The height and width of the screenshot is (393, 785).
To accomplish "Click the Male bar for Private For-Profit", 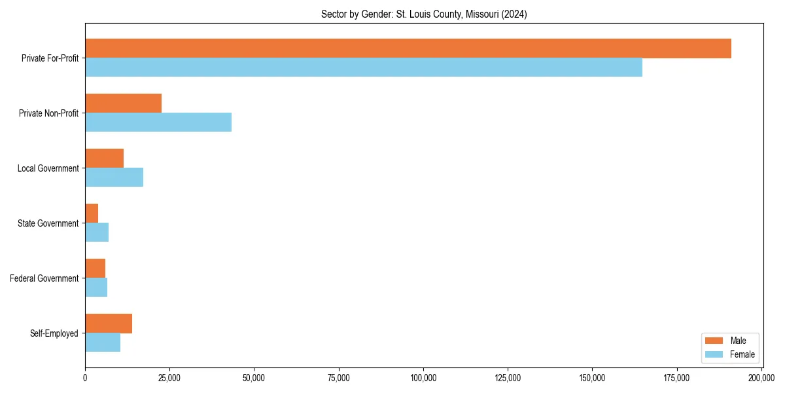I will point(408,48).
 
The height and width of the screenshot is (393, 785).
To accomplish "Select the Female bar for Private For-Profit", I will point(364,67).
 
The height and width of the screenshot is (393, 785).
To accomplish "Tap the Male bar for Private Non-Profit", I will point(123,103).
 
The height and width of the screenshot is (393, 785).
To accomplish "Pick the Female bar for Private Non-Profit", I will point(158,122).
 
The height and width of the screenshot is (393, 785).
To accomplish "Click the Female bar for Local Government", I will point(114,178).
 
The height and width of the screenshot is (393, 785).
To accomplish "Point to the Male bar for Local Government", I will point(104,159).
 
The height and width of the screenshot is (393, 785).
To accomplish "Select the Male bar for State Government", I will point(92,214).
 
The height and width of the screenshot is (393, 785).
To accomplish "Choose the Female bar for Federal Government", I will point(96,288).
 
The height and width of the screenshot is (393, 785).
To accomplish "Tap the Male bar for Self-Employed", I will point(109,324).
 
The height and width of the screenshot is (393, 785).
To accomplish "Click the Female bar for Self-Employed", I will point(103,343).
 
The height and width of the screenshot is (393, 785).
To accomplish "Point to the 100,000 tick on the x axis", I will point(423,378).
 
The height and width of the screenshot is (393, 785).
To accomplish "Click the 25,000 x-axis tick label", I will point(169,378).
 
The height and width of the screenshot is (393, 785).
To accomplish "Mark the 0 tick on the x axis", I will point(85,378).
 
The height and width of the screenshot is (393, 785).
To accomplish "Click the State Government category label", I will point(48,223).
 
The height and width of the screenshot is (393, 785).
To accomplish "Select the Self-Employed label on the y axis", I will point(54,333).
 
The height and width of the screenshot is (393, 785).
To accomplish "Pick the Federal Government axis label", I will point(44,278).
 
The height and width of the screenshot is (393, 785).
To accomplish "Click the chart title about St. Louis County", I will point(424,14).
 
